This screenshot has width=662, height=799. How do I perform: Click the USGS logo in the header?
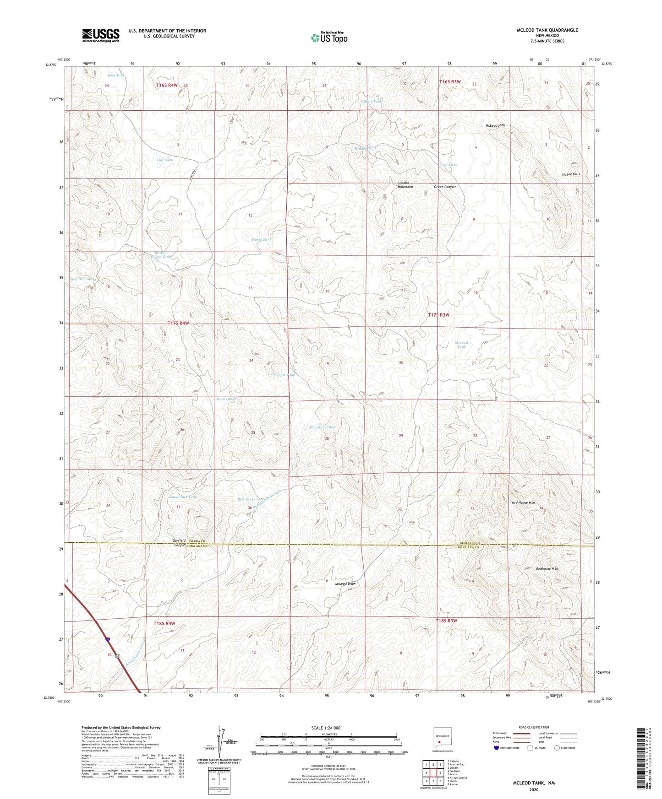point(101,35)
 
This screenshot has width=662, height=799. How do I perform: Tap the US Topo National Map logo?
point(329,38)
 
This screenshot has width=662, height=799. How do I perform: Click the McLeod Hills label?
point(495,125)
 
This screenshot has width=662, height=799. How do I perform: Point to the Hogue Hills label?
point(571,174)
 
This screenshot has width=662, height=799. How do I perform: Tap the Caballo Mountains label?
point(405,185)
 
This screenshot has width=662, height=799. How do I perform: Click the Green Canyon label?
point(444,187)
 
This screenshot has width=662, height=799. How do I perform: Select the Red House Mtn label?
point(523,503)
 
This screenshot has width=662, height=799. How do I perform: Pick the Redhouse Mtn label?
point(547,569)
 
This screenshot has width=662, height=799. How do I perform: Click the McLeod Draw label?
point(345,584)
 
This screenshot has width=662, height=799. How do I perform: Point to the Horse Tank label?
point(261,239)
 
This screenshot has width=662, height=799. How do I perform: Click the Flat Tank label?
point(165,160)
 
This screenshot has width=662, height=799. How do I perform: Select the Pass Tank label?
point(116,76)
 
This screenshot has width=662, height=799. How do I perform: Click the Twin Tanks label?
point(226,399)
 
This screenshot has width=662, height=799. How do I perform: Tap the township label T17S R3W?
point(438,315)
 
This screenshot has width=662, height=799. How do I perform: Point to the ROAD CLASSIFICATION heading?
point(533,727)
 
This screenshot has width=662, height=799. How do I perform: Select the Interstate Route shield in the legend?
point(497,748)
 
